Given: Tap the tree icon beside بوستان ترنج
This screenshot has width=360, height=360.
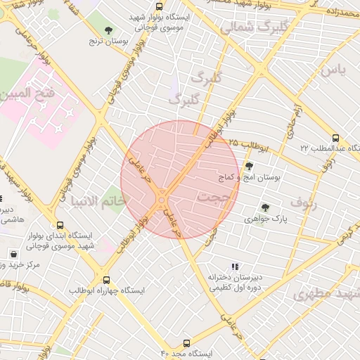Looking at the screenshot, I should (108, 30).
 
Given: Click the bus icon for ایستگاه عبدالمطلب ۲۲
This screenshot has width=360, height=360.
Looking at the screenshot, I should (336, 138).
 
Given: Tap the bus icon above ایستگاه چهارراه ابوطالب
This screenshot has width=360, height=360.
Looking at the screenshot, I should (106, 279).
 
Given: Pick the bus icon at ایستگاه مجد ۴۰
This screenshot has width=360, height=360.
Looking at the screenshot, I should (186, 344).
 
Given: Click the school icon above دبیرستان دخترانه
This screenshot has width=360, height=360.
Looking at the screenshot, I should (235, 266).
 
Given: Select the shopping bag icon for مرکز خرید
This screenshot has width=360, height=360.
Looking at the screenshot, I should (13, 253).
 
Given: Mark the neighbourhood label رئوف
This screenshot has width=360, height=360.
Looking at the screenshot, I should (304, 205).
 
